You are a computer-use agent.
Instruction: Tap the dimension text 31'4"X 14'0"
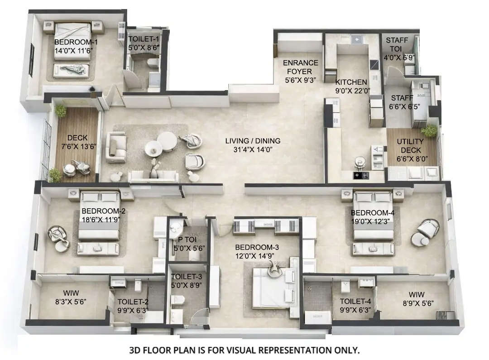click(253, 149)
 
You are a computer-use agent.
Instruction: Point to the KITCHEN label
click(351, 82)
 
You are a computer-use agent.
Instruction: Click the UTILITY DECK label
click(411, 146)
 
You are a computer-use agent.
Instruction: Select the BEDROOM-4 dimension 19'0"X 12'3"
click(369, 221)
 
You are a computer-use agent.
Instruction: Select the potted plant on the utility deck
click(429, 131)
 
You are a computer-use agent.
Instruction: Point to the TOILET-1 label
click(143, 38)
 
